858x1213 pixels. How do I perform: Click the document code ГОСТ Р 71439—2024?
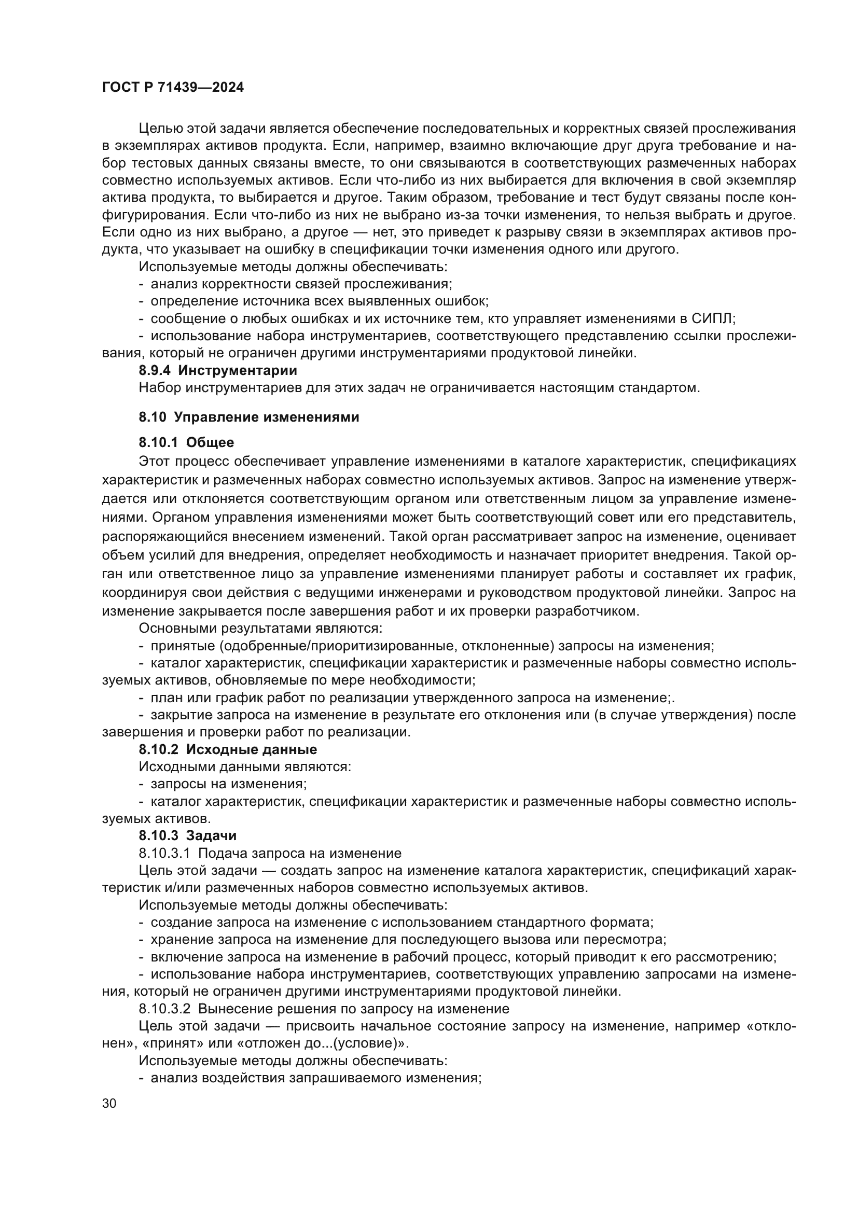coord(173,88)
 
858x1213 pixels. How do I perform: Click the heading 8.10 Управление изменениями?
coord(249,417)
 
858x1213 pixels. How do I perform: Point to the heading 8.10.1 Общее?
coord(186,442)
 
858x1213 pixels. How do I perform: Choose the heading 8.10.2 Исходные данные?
coord(228,749)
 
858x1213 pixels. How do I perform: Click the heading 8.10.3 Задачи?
coord(188,835)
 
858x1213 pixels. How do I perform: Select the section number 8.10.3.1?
coord(164,853)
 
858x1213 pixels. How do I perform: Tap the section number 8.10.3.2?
coord(164,1009)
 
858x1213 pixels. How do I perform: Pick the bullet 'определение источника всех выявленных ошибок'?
coord(319,301)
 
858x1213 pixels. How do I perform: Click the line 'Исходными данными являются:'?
coord(245,766)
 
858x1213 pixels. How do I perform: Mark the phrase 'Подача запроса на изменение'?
coord(299,853)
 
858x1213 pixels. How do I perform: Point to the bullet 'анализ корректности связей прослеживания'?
coord(301,284)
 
